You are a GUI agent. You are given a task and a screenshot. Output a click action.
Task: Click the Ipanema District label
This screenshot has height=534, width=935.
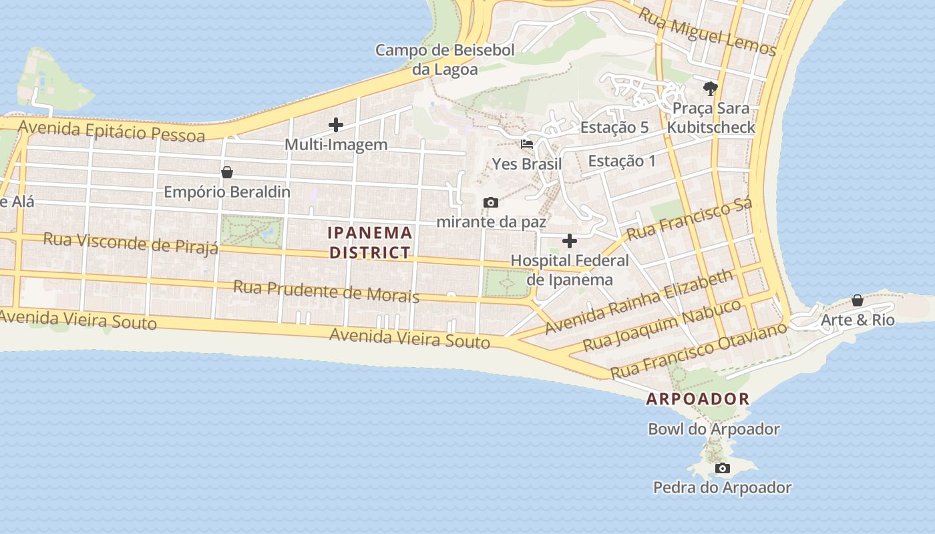click(x=370, y=242)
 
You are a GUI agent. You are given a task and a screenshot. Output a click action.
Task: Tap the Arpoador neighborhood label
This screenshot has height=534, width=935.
click(x=698, y=399)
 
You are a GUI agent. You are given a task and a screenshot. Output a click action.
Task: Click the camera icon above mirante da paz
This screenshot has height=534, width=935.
click(x=491, y=202)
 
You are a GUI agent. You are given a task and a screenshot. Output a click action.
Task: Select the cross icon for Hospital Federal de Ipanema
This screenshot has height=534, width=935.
click(x=570, y=241)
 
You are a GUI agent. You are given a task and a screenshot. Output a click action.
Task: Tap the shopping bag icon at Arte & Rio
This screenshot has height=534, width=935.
click(x=858, y=300)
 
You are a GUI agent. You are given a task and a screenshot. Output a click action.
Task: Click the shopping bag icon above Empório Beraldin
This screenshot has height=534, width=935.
click(x=227, y=172)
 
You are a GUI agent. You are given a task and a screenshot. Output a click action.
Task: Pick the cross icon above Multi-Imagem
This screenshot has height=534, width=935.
click(x=336, y=125)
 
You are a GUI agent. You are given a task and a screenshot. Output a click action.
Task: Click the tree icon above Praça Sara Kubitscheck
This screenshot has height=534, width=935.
click(x=711, y=88)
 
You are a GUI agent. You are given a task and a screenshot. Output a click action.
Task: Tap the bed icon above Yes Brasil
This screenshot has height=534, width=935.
click(x=527, y=144)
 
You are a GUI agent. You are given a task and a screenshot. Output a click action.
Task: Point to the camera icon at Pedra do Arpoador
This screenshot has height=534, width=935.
click(x=723, y=469)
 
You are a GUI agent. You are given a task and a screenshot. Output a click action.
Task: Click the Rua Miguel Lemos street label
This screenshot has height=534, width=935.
click(x=707, y=31)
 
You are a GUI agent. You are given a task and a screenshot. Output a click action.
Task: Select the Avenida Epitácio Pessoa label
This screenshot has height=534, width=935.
click(x=112, y=130)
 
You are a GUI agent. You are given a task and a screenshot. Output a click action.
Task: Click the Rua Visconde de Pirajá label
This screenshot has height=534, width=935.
click(x=130, y=243)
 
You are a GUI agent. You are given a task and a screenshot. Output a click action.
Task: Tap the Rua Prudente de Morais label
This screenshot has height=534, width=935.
click(x=326, y=291)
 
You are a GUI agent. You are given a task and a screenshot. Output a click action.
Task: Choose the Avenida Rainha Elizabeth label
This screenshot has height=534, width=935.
click(x=639, y=302)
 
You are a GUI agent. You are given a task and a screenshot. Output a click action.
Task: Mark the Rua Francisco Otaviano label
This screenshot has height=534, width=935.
click(x=699, y=348)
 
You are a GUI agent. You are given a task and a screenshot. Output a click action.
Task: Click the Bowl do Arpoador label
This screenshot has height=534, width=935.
click(x=714, y=429)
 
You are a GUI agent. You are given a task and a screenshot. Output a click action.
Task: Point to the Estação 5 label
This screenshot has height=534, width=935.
click(x=614, y=127)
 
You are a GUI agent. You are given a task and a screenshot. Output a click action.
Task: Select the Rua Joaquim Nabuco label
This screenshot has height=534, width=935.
click(x=661, y=325)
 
